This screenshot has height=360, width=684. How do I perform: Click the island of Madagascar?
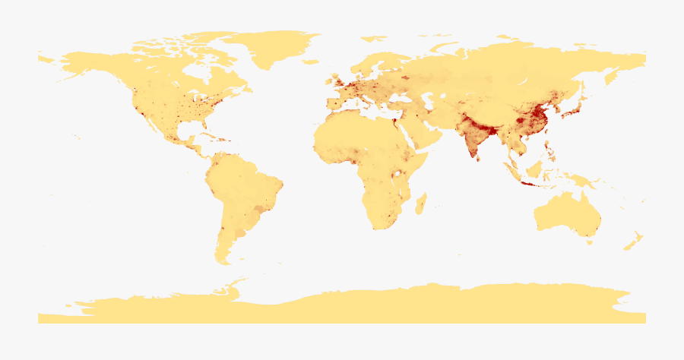420,203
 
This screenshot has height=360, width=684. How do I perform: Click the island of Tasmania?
589,242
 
